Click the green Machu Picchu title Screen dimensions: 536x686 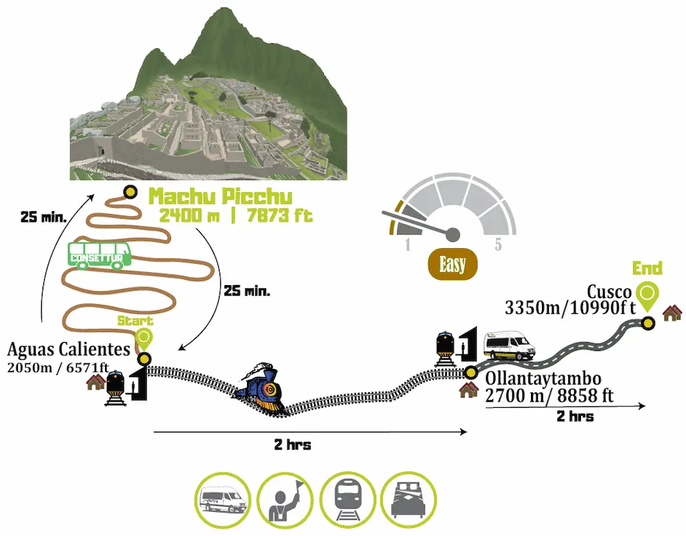221,197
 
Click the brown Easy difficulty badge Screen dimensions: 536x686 452,265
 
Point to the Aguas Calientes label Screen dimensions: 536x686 69,349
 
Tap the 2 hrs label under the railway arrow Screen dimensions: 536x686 292,445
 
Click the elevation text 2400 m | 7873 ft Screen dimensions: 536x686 235,215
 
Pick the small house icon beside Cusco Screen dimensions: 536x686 672,313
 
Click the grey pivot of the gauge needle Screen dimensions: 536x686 453,234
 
